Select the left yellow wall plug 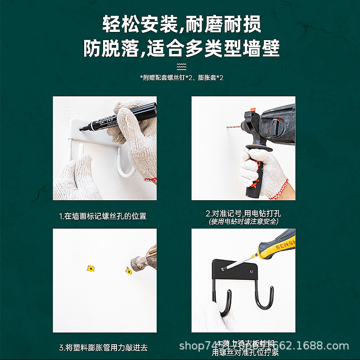[x=91, y=269]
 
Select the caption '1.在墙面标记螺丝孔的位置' [x=103, y=216]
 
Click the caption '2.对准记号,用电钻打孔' [x=243, y=213]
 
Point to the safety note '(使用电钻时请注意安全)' [x=243, y=221]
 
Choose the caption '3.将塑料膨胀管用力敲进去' [x=103, y=347]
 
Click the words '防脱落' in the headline [x=111, y=48]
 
